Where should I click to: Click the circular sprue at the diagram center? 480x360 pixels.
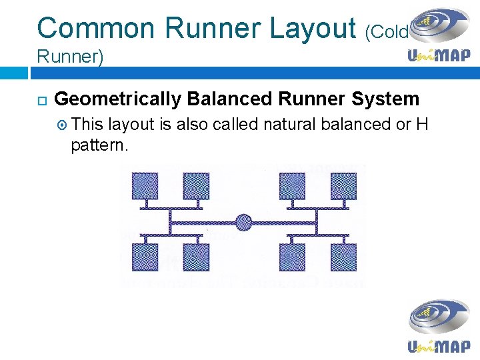[x=244, y=222]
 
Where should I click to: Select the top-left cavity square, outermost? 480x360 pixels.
[x=145, y=185]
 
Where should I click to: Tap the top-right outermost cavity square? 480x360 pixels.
[x=343, y=185]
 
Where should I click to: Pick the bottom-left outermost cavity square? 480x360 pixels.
[x=145, y=257]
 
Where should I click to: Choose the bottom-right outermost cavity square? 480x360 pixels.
[x=343, y=257]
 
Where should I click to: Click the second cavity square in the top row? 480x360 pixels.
[x=195, y=185]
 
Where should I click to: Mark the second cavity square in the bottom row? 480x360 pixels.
[x=195, y=257]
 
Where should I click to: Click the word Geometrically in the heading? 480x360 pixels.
[x=117, y=99]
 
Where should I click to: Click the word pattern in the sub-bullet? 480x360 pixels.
[x=99, y=145]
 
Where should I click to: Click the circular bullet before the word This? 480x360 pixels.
[x=61, y=125]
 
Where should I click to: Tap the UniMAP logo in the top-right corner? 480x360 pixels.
[x=439, y=36]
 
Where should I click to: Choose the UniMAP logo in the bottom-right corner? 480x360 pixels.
[x=439, y=327]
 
